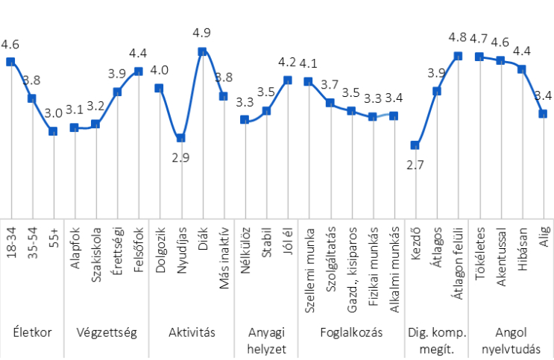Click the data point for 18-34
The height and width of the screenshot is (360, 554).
click(x=10, y=62)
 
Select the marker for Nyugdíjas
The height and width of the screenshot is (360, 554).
click(x=180, y=138)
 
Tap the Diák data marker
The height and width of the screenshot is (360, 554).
click(x=202, y=51)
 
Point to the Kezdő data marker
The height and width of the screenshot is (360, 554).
click(x=415, y=145)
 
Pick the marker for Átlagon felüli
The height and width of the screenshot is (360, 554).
click(x=459, y=56)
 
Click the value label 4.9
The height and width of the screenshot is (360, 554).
click(x=202, y=34)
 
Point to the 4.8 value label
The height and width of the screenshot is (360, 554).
click(x=459, y=37)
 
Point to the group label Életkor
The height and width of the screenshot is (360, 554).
click(x=32, y=332)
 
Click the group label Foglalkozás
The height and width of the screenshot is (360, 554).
click(x=351, y=332)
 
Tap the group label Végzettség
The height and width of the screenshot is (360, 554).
click(x=106, y=332)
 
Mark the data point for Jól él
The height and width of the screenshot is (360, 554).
click(x=287, y=79)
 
